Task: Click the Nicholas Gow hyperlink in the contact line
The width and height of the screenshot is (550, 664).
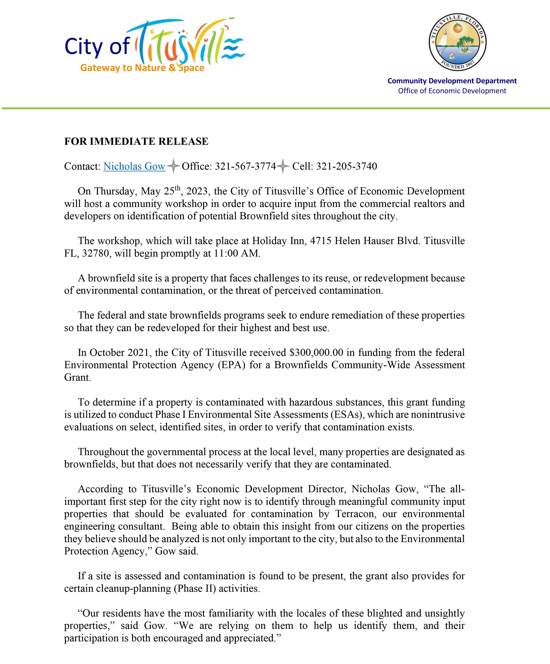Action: [134, 166]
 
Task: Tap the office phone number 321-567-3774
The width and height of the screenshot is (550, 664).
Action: [245, 166]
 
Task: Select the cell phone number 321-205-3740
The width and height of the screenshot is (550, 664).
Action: [347, 166]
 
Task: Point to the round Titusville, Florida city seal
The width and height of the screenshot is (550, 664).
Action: [457, 42]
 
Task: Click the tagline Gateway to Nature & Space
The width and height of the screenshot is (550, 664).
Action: [142, 68]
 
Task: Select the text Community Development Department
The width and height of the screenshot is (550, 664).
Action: [452, 81]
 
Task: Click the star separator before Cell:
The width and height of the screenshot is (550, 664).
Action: [283, 166]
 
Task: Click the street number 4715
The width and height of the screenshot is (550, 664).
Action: [320, 241]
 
